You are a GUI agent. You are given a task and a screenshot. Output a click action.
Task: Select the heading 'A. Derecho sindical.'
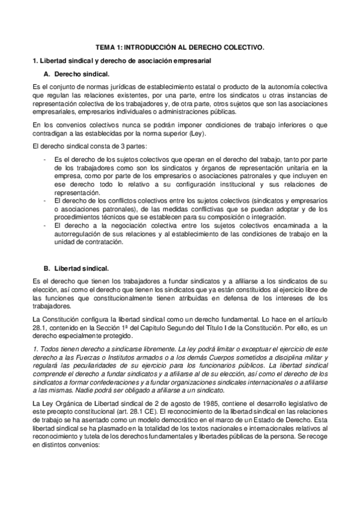77,74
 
